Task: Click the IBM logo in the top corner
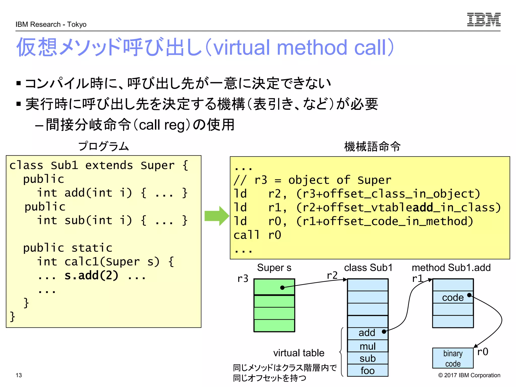(x=483, y=19)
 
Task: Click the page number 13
(x=19, y=375)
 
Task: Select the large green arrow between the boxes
(x=216, y=216)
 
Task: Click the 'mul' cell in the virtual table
(x=367, y=346)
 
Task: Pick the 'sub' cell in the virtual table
(x=367, y=358)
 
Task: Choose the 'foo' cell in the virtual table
(x=367, y=371)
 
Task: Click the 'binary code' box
(x=453, y=358)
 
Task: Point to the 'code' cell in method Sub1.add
(x=453, y=298)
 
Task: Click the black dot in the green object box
(x=282, y=287)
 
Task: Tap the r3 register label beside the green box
(x=243, y=279)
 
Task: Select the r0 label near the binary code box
(x=482, y=352)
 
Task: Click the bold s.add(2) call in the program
(x=91, y=275)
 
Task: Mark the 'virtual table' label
(x=299, y=353)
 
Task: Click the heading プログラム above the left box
(x=103, y=146)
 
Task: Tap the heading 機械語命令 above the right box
(x=372, y=146)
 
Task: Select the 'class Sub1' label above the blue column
(x=368, y=268)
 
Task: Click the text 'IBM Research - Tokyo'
(x=51, y=24)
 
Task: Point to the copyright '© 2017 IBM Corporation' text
(x=469, y=375)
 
